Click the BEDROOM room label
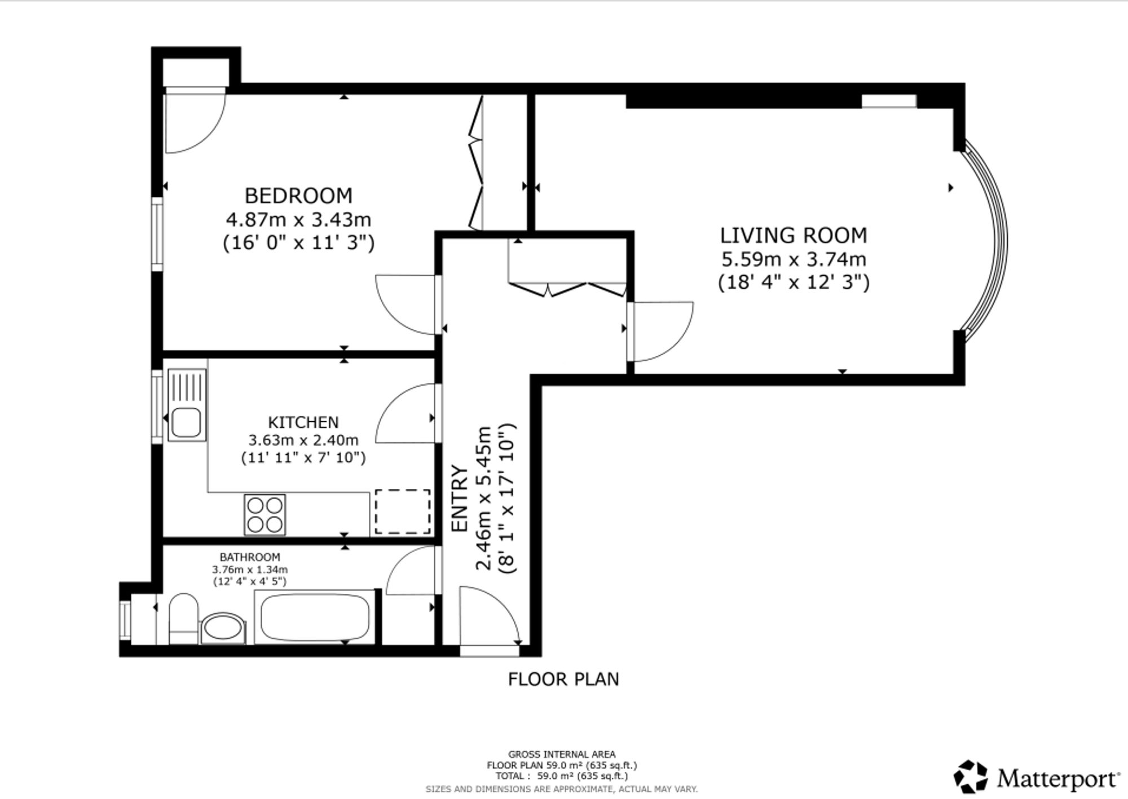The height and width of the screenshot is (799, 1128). (298, 196)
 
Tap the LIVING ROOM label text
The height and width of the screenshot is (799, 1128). (794, 235)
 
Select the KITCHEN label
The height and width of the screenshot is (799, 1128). (303, 422)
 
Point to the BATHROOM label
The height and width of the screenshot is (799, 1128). (250, 558)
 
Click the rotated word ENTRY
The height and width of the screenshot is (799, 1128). (460, 498)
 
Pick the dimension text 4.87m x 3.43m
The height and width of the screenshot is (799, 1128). (298, 219)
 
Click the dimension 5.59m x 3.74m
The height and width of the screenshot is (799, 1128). (794, 259)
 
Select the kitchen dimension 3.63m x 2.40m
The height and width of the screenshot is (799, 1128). (303, 439)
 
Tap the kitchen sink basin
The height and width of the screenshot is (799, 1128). (186, 422)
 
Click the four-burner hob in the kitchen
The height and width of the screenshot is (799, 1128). (265, 514)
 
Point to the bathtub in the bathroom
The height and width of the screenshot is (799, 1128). (315, 617)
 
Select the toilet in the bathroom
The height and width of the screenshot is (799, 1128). (183, 618)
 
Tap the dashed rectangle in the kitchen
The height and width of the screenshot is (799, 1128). (403, 511)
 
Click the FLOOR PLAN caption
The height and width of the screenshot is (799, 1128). (563, 679)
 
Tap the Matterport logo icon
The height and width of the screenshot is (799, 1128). (971, 776)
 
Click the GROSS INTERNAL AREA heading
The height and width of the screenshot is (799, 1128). (562, 754)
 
